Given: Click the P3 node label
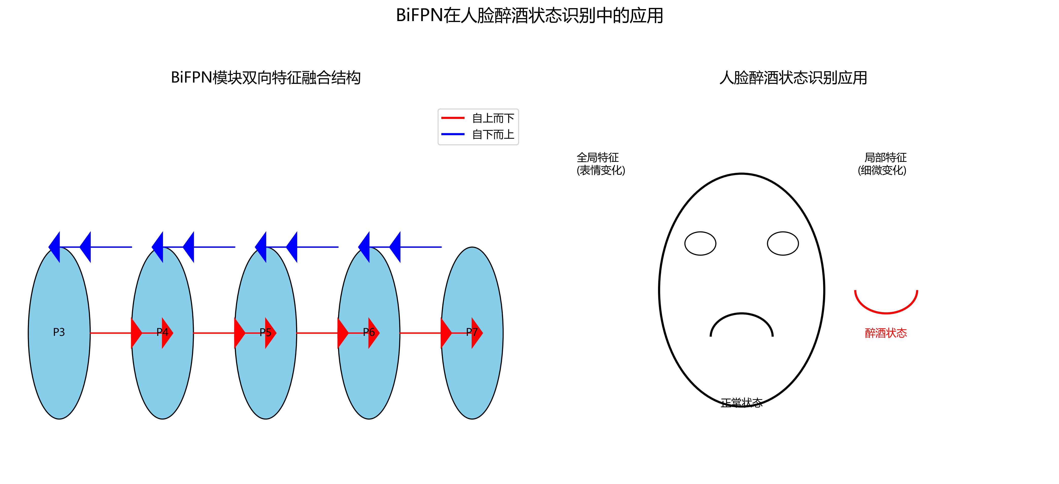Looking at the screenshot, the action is point(59,332).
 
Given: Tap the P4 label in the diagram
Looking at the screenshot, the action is point(162,332).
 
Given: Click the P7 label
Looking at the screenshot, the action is point(472,332).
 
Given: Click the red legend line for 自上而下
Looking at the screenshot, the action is point(453,118).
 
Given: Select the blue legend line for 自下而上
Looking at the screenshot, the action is point(453,134).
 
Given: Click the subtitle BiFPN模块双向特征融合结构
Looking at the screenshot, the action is point(266,78).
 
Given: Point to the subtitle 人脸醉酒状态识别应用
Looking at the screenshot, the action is point(793,78).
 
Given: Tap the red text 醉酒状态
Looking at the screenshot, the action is point(886,333).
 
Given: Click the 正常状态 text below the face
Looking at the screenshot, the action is point(742,403).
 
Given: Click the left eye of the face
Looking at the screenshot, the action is point(700,243).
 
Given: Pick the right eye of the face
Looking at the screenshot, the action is point(783,243).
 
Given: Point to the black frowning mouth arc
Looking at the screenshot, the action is point(742,314).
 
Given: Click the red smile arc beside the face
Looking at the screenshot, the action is point(886,313).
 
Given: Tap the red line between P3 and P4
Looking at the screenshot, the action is point(111,333).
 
